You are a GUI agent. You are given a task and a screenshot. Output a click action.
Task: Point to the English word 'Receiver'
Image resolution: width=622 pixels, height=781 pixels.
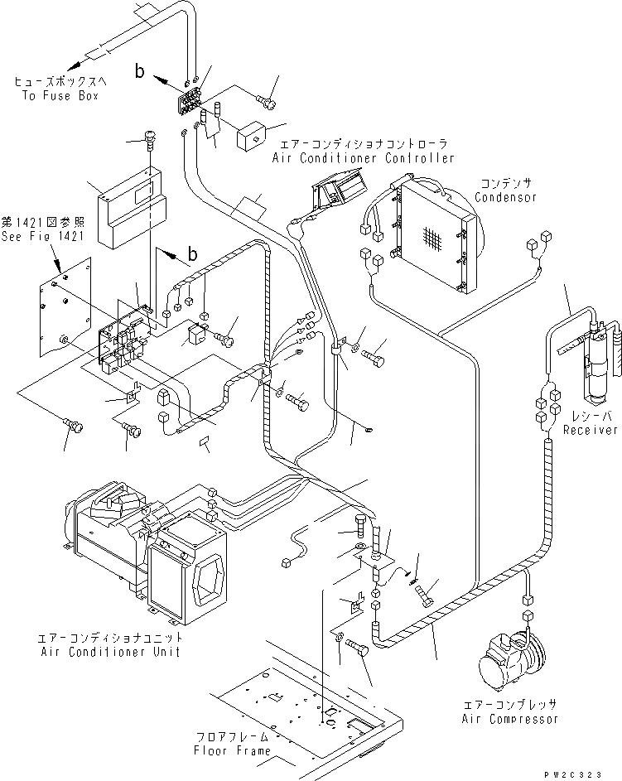click(x=591, y=430)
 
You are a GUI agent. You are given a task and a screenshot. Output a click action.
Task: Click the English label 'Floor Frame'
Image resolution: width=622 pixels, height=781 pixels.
click(x=231, y=750)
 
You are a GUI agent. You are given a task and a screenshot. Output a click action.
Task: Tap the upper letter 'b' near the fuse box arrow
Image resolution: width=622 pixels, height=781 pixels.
click(x=141, y=73)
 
